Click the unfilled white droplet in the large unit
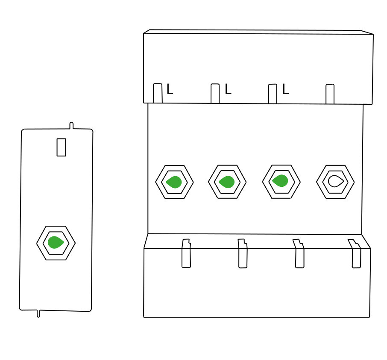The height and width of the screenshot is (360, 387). tap(336, 181)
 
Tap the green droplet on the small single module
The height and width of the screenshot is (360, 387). tap(56, 242)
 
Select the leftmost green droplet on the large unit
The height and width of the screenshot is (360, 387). tap(174, 182)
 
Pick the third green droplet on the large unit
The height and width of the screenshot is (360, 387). tap(280, 180)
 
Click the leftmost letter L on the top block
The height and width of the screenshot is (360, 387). tap(170, 89)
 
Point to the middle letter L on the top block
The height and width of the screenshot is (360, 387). tap(228, 89)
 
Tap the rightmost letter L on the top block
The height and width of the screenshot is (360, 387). tap(285, 89)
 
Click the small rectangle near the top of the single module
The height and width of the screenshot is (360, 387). tap(61, 147)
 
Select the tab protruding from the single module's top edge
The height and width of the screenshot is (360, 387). tap(71, 126)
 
